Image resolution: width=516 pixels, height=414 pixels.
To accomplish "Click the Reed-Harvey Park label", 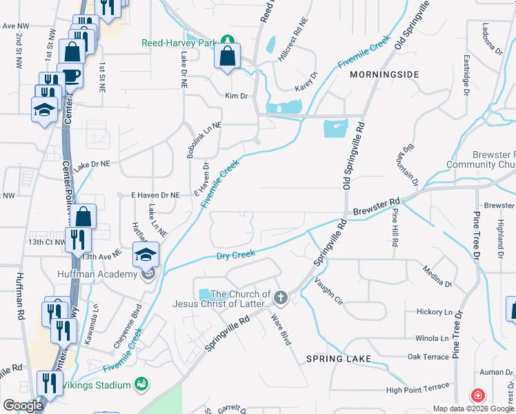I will [x=179, y=43].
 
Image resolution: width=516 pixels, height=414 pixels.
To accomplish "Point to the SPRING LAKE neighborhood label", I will [x=339, y=359].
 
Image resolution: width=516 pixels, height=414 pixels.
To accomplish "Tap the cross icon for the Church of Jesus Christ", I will [x=280, y=298].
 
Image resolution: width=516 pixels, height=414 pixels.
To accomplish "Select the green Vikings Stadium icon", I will [x=141, y=383].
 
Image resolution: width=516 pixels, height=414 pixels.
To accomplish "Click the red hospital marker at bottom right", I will [x=477, y=396].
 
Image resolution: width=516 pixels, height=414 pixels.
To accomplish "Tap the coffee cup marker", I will [x=71, y=74].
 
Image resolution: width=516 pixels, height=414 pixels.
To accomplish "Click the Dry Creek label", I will [x=236, y=256].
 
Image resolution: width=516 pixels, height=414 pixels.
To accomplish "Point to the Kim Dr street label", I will [x=236, y=96].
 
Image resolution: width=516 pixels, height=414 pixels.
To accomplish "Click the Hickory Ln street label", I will [x=433, y=312].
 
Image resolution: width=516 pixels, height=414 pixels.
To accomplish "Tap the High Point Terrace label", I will [x=418, y=391].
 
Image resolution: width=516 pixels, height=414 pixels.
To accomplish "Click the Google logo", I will [x=22, y=406].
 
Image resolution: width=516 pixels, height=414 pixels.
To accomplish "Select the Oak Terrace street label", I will [x=428, y=356].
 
